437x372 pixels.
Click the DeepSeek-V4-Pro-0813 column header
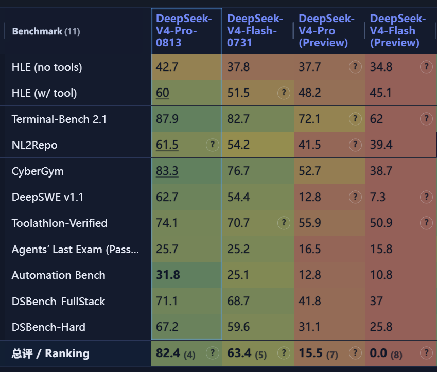pos(184,31)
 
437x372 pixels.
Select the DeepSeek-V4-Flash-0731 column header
pos(255,31)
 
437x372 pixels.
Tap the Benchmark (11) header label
pos(46,31)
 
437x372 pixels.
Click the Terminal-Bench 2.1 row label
pos(59,119)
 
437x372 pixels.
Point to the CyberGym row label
pos(38,171)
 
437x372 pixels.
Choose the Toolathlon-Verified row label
pos(59,223)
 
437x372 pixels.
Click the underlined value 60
pos(163,93)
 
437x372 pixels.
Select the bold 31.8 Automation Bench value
pos(168,275)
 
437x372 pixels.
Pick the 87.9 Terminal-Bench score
pos(167,119)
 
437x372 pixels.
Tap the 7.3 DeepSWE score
pos(378,197)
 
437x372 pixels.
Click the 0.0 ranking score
pos(378,353)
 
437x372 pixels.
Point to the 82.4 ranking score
pos(168,353)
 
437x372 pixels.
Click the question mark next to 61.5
pos(213,145)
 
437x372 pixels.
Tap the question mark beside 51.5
pos(284,93)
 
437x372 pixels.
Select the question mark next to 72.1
pos(355,119)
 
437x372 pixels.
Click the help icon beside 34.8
pos(426,67)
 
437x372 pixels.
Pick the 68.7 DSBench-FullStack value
pos(238,301)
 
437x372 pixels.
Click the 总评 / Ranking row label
pos(50,353)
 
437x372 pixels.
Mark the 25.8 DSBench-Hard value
pos(381,327)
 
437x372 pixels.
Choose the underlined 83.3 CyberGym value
pos(167,171)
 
